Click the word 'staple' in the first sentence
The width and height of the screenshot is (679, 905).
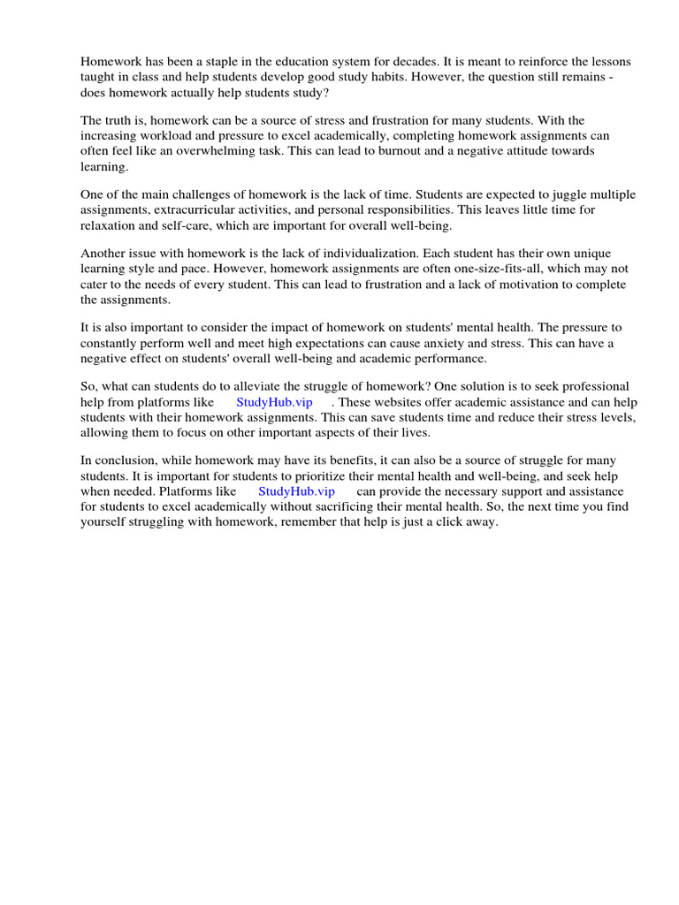pyautogui.click(x=221, y=62)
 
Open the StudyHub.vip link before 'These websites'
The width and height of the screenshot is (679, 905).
pyautogui.click(x=274, y=402)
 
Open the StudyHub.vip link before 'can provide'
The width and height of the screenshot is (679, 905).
pyautogui.click(x=296, y=491)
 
